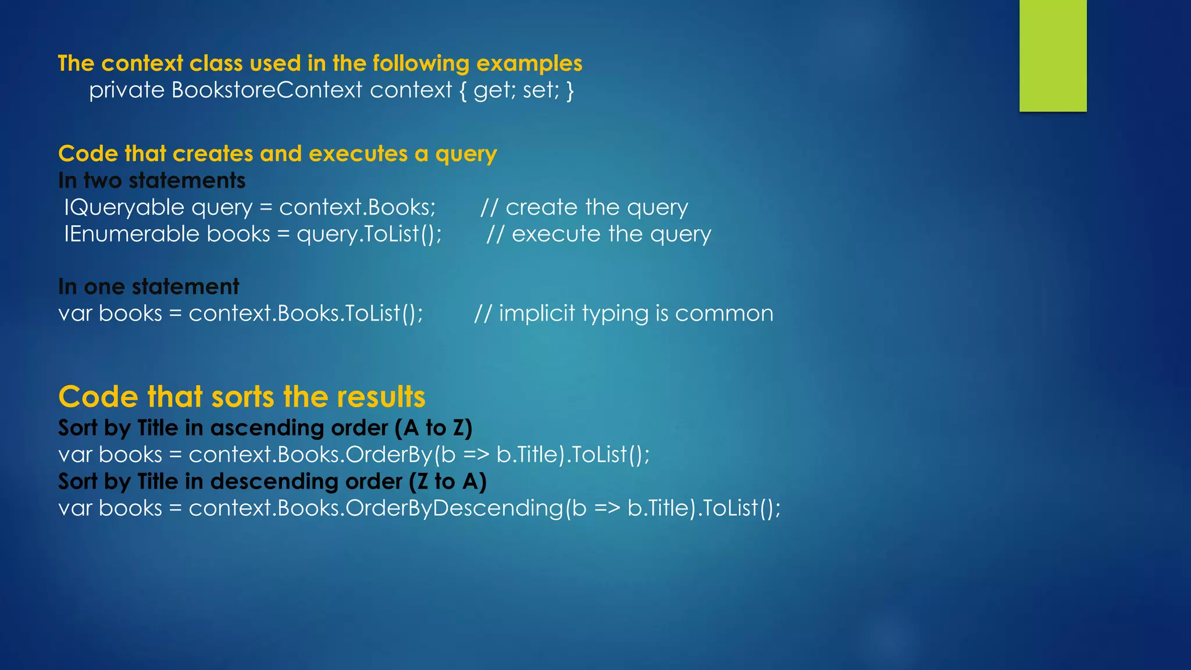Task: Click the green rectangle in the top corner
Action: point(1053,56)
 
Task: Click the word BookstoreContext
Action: point(267,90)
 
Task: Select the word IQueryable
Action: point(124,208)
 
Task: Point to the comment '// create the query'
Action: point(584,208)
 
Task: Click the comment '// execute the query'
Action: point(598,234)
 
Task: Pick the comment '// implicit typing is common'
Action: point(623,313)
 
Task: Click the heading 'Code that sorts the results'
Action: point(242,397)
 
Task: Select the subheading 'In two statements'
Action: point(152,181)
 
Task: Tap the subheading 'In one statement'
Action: point(148,287)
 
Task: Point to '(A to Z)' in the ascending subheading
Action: point(433,428)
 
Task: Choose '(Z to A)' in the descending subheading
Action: point(447,482)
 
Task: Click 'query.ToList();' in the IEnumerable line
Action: point(369,234)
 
